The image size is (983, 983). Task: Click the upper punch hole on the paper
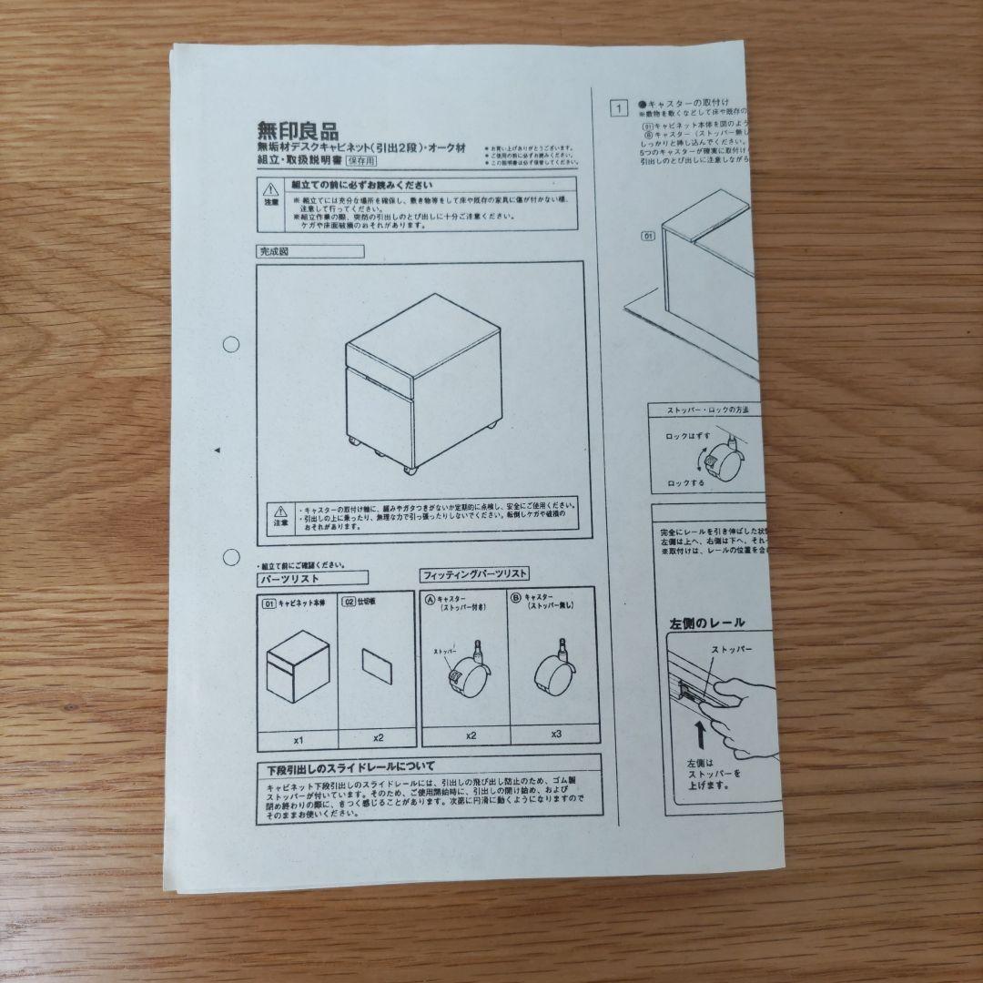231,344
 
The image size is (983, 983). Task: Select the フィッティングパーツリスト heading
474,575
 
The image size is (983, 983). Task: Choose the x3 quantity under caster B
555,733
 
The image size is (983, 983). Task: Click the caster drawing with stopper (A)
465,671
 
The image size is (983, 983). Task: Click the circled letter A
430,600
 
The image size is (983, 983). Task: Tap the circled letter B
516,599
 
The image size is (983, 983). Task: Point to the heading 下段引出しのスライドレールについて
351,766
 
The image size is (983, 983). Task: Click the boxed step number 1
618,109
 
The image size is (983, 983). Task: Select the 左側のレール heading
707,623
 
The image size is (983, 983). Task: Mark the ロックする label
685,483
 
